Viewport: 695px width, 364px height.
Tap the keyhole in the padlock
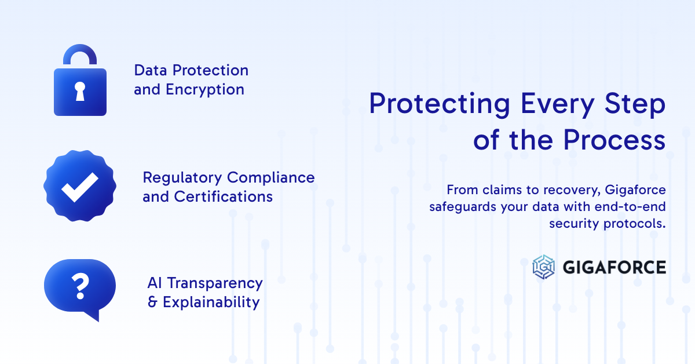tap(80, 91)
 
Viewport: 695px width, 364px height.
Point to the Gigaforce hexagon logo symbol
tap(544, 267)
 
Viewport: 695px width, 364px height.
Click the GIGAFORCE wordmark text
tap(614, 267)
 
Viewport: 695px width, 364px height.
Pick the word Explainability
tap(211, 303)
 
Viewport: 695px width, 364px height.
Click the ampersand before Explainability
tap(153, 303)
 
